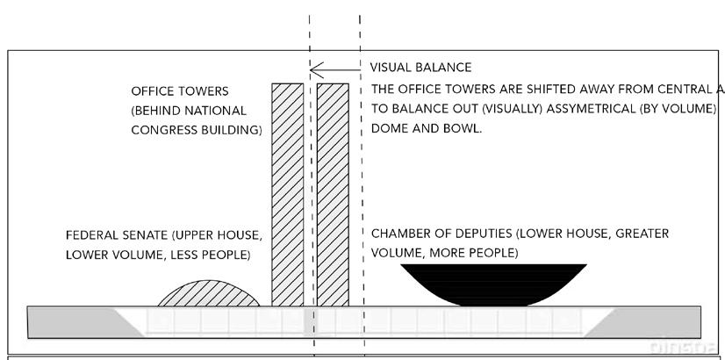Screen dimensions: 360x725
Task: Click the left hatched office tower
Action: click(287, 193)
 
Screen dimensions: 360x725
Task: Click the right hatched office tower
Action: click(333, 193)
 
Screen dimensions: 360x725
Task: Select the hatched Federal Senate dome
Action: click(209, 295)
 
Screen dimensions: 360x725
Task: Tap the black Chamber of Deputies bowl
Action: click(492, 280)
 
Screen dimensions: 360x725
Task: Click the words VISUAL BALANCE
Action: click(420, 68)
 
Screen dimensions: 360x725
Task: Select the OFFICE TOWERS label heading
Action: click(179, 91)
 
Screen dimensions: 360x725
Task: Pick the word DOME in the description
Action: click(389, 127)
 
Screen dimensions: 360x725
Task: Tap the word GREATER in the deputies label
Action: click(638, 234)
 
